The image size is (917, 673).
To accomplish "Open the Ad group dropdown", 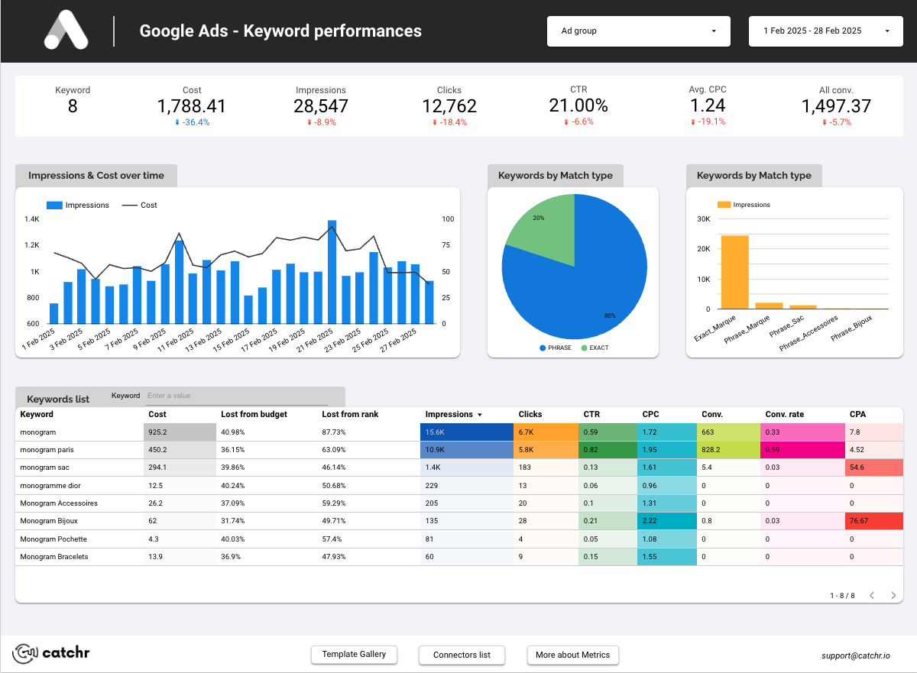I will [638, 31].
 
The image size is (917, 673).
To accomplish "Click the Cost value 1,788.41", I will [192, 106].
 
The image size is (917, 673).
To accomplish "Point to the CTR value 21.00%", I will [578, 105].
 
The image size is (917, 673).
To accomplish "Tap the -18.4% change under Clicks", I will [449, 122].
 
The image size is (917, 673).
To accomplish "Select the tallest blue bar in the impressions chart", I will [332, 272].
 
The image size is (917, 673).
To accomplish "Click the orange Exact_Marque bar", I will [734, 272].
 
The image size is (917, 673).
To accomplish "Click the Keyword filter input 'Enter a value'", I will [237, 396].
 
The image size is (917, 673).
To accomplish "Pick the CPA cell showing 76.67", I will [874, 521].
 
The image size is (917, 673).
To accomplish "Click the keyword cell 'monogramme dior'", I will [50, 486].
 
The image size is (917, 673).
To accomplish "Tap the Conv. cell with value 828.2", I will [727, 450].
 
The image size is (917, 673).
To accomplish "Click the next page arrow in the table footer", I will [893, 595].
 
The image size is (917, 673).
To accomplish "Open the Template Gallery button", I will [354, 655].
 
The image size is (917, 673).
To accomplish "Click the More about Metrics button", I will [572, 655].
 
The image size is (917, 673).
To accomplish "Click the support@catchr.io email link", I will [855, 655].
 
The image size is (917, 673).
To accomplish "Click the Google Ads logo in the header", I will [66, 31].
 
